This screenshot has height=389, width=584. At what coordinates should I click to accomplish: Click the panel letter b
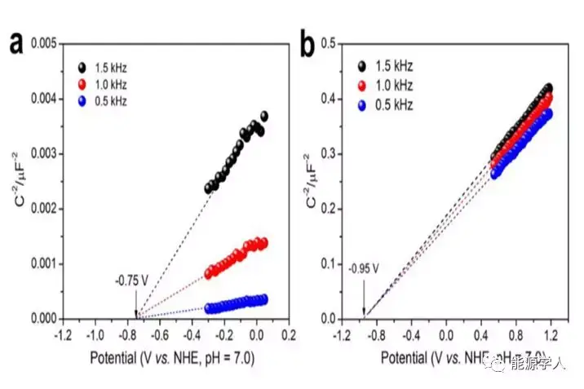[307, 44]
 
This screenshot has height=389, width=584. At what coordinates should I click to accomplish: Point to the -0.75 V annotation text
[131, 282]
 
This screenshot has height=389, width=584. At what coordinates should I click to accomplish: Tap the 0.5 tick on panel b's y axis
[330, 42]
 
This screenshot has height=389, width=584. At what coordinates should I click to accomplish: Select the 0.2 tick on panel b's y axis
[330, 208]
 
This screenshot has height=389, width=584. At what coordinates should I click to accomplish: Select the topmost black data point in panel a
[263, 117]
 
